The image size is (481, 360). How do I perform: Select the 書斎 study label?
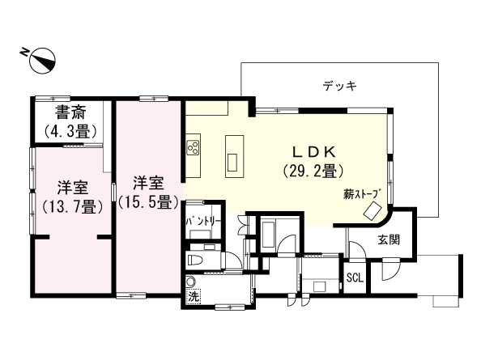coord(71,113)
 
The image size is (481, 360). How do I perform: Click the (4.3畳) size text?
coord(70,130)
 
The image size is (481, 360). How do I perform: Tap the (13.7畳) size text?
coord(71,206)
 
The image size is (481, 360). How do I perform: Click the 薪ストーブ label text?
coord(361,193)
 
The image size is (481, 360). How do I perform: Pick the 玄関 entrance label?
coord(389,239)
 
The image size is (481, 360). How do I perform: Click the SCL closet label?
coord(355,277)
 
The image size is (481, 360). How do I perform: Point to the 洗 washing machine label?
coord(193,297)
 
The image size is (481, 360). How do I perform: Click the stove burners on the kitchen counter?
coord(194,147)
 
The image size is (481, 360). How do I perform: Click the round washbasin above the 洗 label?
coord(191,282)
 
